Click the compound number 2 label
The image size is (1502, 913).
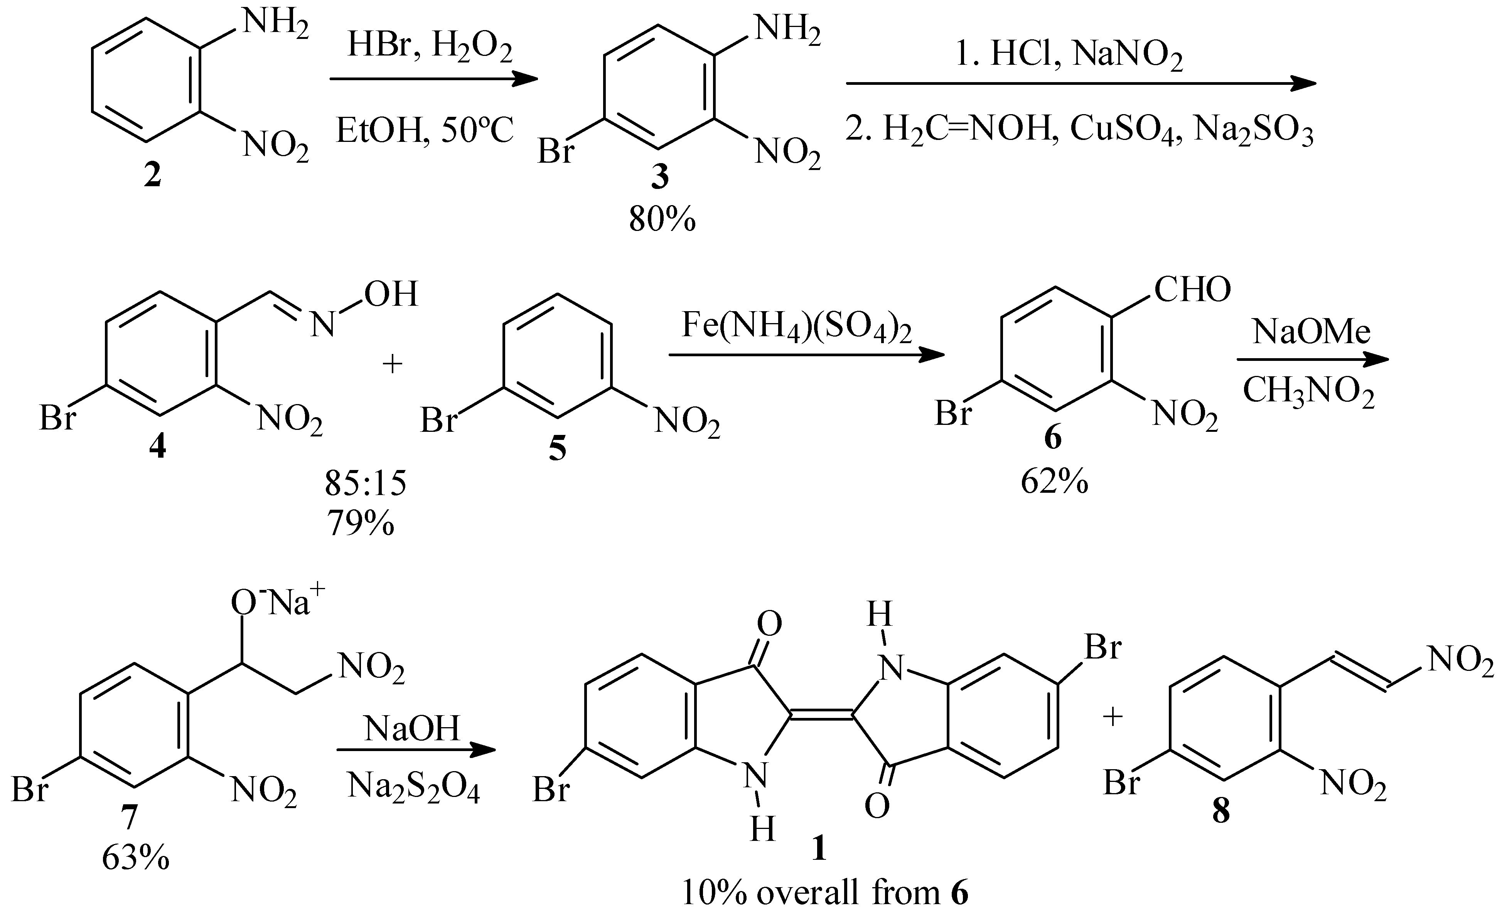tap(152, 175)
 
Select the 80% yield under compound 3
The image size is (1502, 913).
tap(662, 219)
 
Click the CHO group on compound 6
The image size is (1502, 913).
tap(1192, 290)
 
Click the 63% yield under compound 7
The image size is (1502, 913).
tap(135, 858)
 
